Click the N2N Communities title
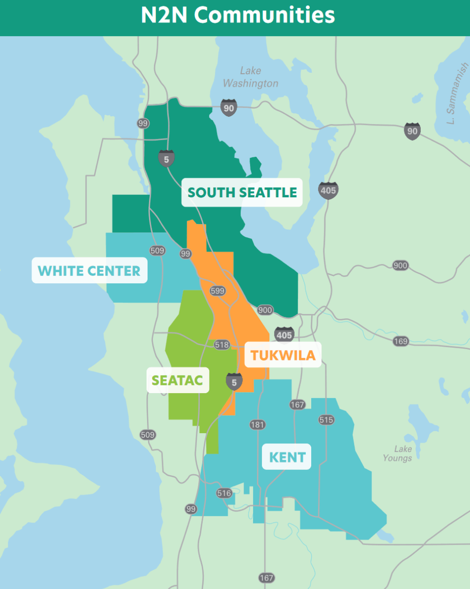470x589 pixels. pos(238,15)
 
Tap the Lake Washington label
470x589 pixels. pos(250,77)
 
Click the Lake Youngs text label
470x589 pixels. pos(397,453)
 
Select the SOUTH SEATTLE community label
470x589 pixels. pos(242,192)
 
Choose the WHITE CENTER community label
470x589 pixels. pos(89,271)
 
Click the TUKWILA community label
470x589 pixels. pos(283,355)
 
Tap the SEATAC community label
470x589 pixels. pos(177,380)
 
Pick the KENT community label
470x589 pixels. pos(287,457)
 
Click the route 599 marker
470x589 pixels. pos(217,291)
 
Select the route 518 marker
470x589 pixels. pos(221,345)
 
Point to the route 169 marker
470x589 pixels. pos(400,341)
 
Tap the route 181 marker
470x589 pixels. pos(257,424)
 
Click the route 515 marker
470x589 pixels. pos(326,420)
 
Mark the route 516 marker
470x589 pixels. pos(224,493)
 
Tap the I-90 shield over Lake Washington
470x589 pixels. pos(229,107)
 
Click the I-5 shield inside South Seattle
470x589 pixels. pos(166,158)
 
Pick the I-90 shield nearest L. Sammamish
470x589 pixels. pos(412,131)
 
